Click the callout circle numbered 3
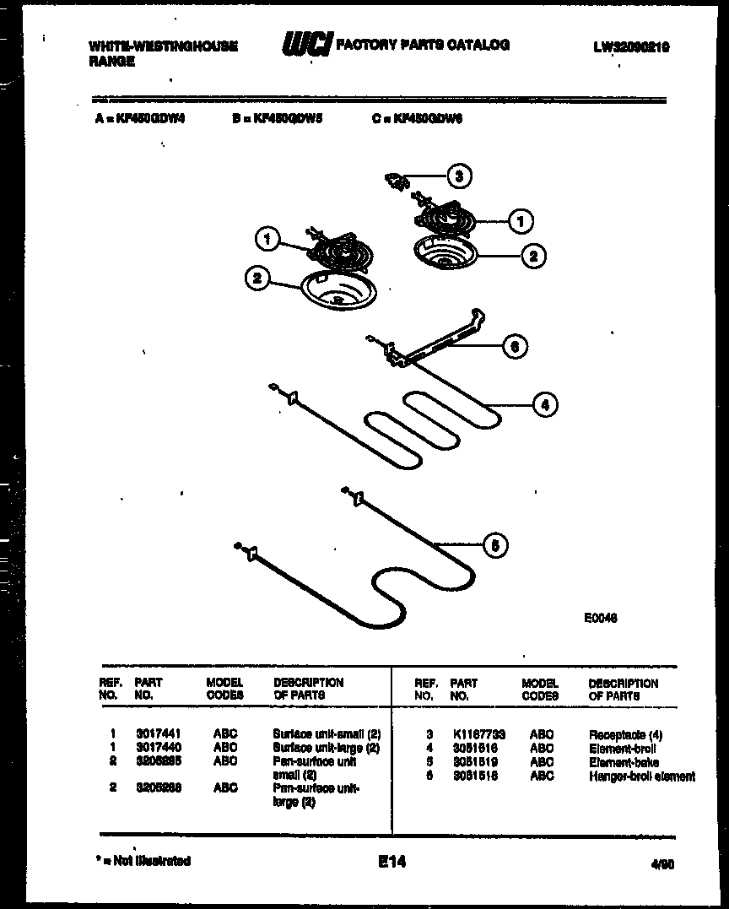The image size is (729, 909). click(458, 176)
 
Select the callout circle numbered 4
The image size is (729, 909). click(544, 405)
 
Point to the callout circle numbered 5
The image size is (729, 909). click(494, 546)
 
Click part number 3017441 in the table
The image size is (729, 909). click(158, 734)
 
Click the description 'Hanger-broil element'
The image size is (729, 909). click(641, 776)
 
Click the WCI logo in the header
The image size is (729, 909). click(306, 46)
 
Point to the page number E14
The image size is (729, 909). click(392, 862)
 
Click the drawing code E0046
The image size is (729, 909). click(601, 617)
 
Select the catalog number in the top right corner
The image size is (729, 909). click(630, 48)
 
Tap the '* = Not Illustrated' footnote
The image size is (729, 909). click(143, 861)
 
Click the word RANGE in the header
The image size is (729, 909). click(111, 62)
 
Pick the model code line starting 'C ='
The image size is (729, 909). click(417, 119)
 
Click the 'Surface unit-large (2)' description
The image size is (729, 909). click(327, 748)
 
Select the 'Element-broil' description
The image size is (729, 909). click(623, 749)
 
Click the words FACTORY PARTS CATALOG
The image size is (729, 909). click(423, 46)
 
